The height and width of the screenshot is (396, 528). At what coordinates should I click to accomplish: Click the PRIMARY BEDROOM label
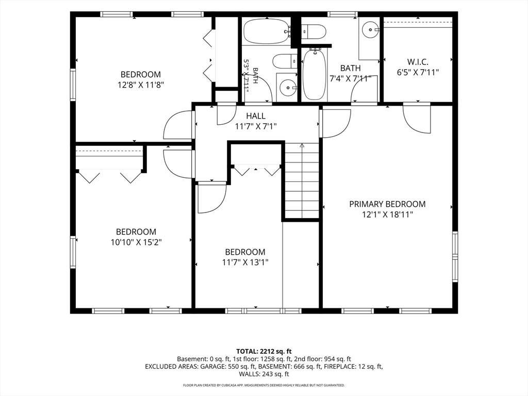pos(387,204)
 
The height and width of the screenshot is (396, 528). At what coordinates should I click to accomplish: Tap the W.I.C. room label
pos(418,62)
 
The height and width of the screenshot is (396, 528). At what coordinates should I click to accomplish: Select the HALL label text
pos(256,116)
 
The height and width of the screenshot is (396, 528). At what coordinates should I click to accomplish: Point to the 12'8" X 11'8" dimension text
pos(141,85)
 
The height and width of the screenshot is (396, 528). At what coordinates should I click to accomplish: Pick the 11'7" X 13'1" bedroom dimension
pos(245,262)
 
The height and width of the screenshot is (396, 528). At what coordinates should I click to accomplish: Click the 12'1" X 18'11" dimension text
pos(387,214)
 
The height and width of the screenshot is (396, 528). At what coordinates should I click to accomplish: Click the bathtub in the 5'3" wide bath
pos(267,31)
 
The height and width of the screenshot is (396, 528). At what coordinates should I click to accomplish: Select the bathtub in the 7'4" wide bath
pos(315,74)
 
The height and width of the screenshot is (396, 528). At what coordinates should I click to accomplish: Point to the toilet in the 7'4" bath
pos(313,32)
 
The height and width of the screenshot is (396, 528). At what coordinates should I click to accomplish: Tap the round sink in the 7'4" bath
pos(370,29)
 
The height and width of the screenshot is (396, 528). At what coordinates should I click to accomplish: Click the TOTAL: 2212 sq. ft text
pos(264,352)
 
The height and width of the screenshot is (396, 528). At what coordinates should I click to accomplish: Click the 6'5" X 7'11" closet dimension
pos(418,72)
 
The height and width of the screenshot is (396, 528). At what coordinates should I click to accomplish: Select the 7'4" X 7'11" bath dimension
pos(350,78)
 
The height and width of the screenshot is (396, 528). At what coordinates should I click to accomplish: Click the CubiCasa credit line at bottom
pos(264,385)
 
